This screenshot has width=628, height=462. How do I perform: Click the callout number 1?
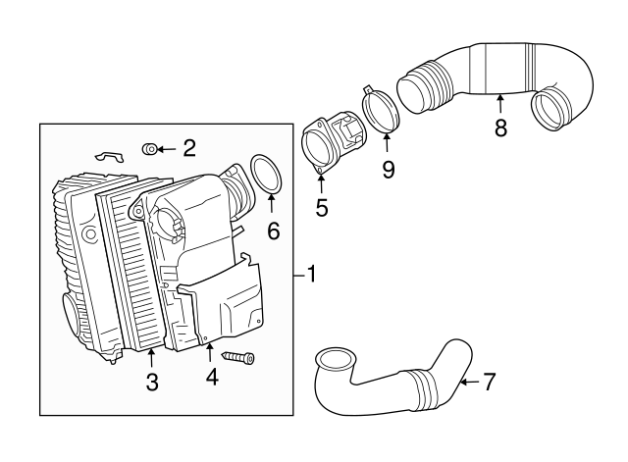tap(311, 275)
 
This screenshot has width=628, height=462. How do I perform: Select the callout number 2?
tap(189, 149)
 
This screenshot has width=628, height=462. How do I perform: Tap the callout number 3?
tap(152, 384)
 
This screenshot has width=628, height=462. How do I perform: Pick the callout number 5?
tap(321, 207)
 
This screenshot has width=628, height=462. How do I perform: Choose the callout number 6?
tap(273, 231)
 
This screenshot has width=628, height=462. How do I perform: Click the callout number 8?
tap(500, 128)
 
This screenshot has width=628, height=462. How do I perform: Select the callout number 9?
tap(388, 170)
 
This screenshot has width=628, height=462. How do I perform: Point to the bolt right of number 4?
tap(238, 357)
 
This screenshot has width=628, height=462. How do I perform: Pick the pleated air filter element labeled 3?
tap(132, 270)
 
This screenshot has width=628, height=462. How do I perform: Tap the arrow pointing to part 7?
tap(468, 381)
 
